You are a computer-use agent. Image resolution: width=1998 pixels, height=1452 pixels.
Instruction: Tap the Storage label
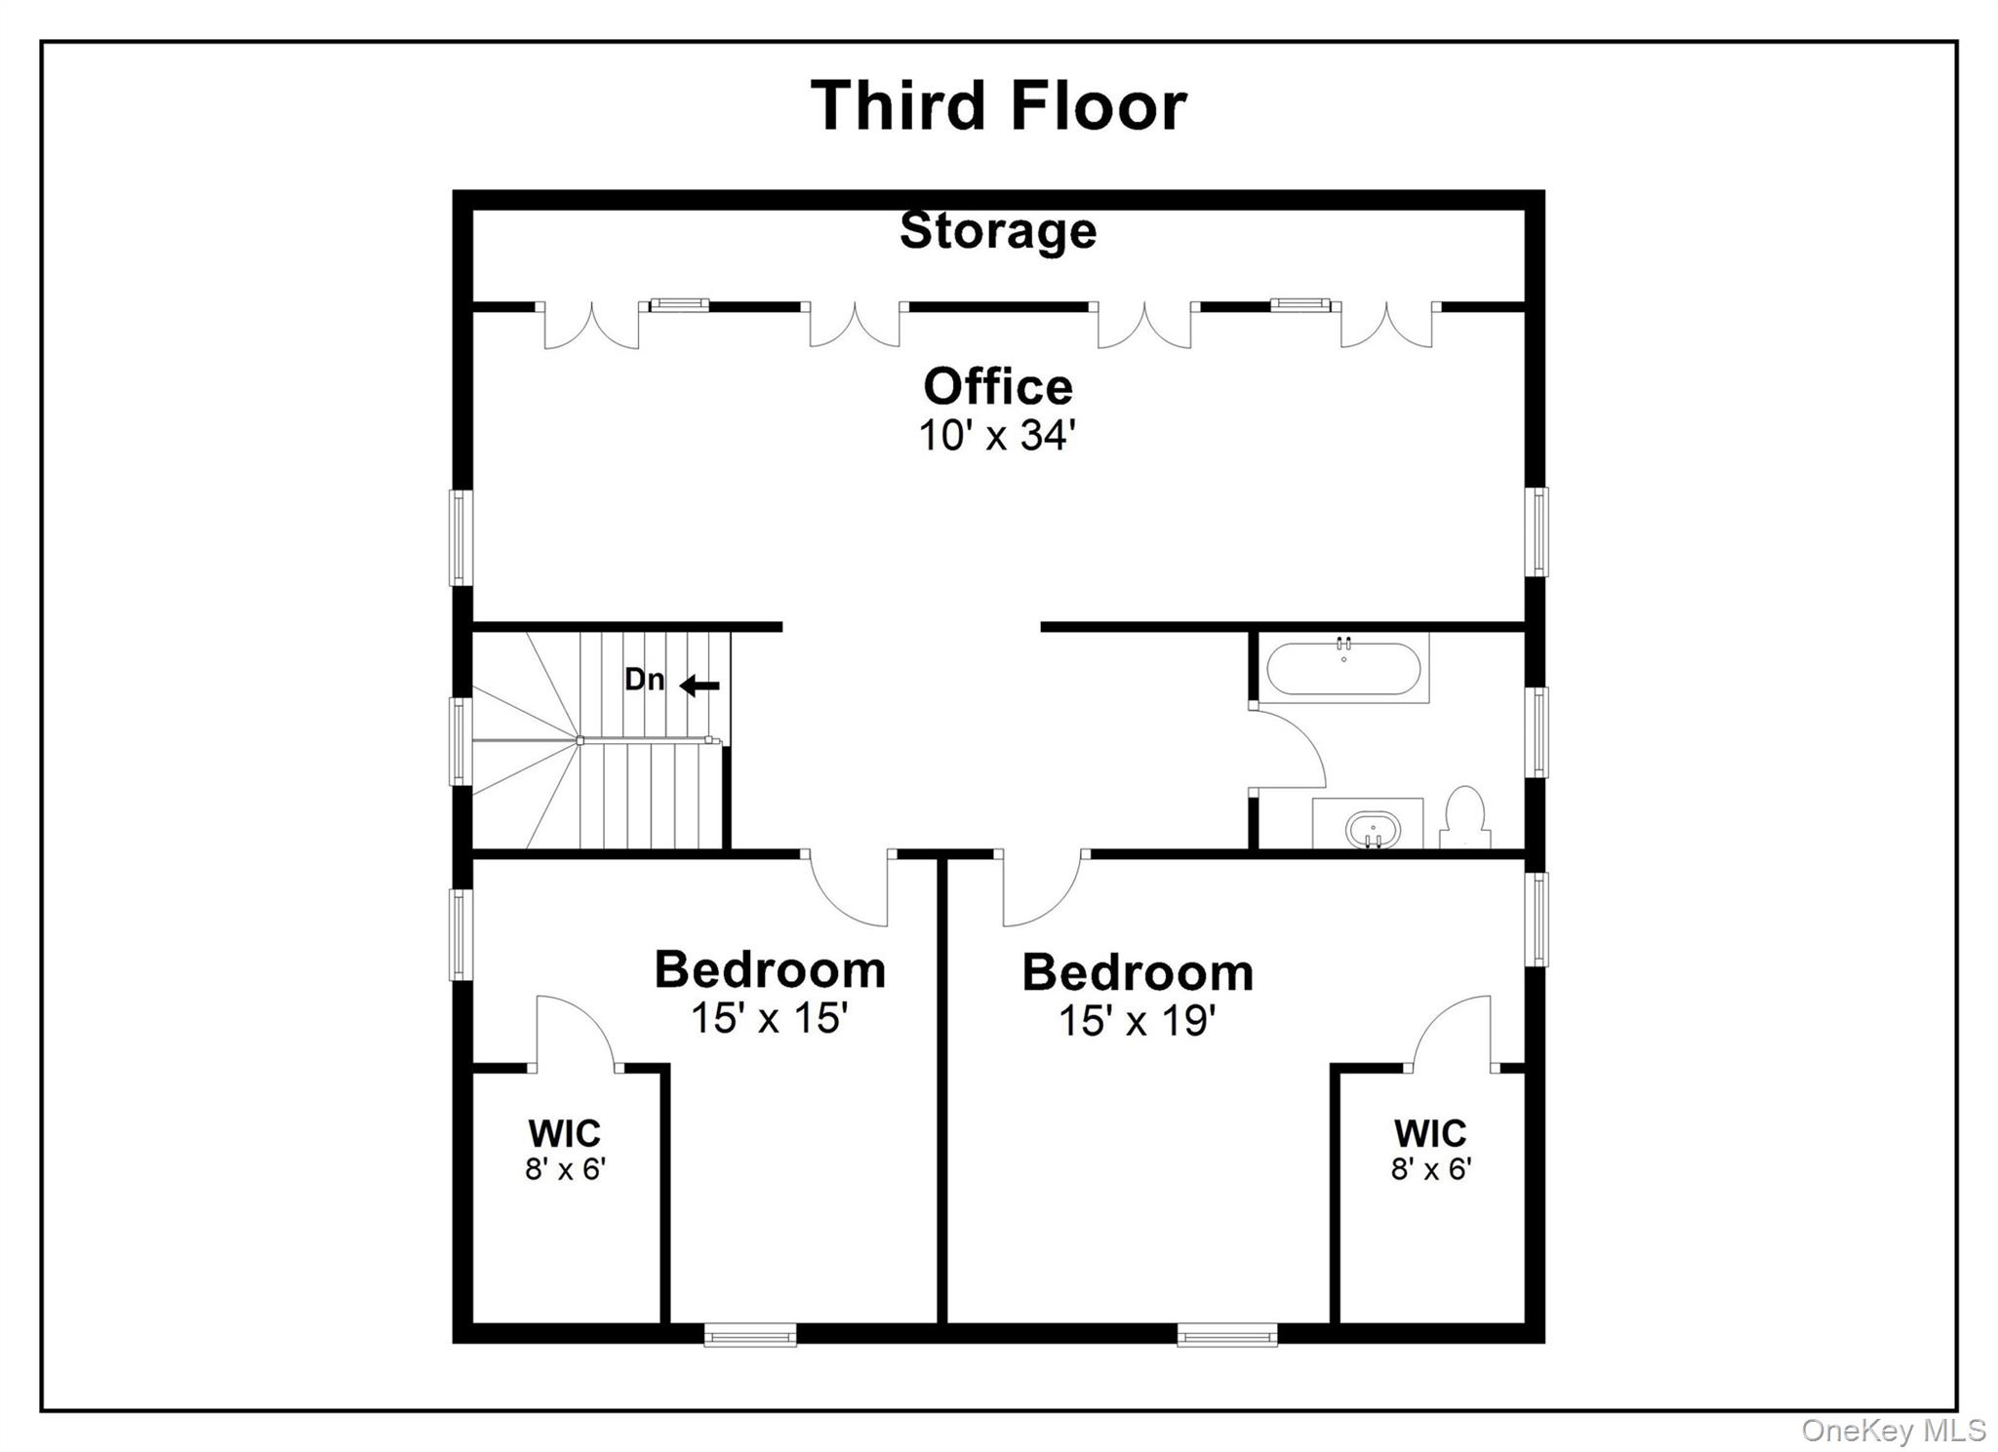pyautogui.click(x=998, y=231)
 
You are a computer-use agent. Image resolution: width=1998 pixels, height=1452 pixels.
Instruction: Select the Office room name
pyautogui.click(x=998, y=387)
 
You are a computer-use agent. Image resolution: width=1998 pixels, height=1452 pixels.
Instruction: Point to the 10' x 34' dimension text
pyautogui.click(x=996, y=435)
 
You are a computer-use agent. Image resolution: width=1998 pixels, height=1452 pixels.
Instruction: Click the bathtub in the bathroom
pyautogui.click(x=1343, y=669)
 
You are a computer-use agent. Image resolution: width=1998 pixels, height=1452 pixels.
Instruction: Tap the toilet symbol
pyautogui.click(x=1464, y=818)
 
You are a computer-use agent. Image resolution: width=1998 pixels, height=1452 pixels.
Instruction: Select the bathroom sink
pyautogui.click(x=1372, y=830)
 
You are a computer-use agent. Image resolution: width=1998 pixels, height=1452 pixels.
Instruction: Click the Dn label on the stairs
pyautogui.click(x=644, y=680)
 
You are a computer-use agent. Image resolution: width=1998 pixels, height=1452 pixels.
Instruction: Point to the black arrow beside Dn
pyautogui.click(x=699, y=687)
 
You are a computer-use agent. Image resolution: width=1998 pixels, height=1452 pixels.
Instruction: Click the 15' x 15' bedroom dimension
pyautogui.click(x=769, y=1018)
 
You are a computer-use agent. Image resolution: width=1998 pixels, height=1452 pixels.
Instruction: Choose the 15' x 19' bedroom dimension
pyautogui.click(x=1137, y=1021)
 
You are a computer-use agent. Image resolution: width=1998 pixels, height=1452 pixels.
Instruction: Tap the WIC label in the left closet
pyautogui.click(x=564, y=1134)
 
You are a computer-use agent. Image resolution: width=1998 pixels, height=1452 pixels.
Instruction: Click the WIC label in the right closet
pyautogui.click(x=1429, y=1134)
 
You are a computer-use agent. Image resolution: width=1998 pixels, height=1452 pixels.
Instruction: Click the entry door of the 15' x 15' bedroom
pyautogui.click(x=847, y=889)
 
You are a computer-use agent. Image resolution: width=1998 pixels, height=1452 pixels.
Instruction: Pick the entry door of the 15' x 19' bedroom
pyautogui.click(x=1041, y=889)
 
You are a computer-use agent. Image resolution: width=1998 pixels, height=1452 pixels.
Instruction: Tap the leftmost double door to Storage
pyautogui.click(x=591, y=326)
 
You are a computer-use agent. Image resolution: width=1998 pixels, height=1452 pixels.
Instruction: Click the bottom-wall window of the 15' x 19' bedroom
pyautogui.click(x=1226, y=1334)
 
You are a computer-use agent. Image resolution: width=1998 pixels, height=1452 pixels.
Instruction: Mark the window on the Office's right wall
pyautogui.click(x=1536, y=531)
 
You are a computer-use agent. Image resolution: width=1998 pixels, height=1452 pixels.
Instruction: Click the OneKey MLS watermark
pyautogui.click(x=1893, y=1431)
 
